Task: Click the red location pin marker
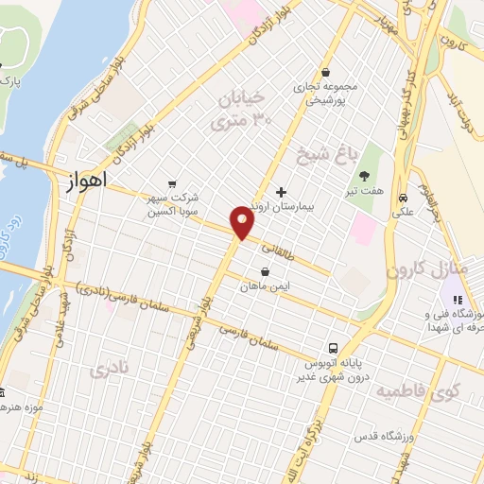[243, 222]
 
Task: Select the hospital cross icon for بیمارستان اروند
[281, 192]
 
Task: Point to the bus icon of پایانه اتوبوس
[333, 347]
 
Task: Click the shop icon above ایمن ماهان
[264, 271]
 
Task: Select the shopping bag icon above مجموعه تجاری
[326, 72]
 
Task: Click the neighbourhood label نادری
[107, 369]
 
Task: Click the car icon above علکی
[404, 199]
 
